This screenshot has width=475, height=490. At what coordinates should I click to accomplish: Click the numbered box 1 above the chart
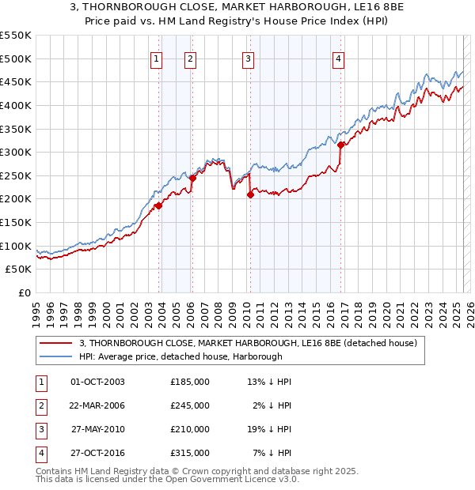[x=156, y=58]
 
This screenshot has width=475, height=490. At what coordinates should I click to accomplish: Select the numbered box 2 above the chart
[x=191, y=58]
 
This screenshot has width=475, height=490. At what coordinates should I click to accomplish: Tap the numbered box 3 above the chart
[x=248, y=58]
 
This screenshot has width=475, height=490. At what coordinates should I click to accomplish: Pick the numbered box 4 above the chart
[x=338, y=58]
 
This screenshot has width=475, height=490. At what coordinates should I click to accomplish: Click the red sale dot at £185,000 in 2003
[x=158, y=205]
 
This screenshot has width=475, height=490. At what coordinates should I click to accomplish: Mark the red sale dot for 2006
[x=192, y=178]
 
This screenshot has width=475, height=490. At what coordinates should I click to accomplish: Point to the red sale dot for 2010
[x=250, y=194]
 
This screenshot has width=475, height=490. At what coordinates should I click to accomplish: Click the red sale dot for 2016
[x=340, y=145]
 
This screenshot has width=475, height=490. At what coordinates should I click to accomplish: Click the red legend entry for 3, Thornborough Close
[x=253, y=343]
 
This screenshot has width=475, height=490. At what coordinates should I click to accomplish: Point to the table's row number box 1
[x=39, y=382]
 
